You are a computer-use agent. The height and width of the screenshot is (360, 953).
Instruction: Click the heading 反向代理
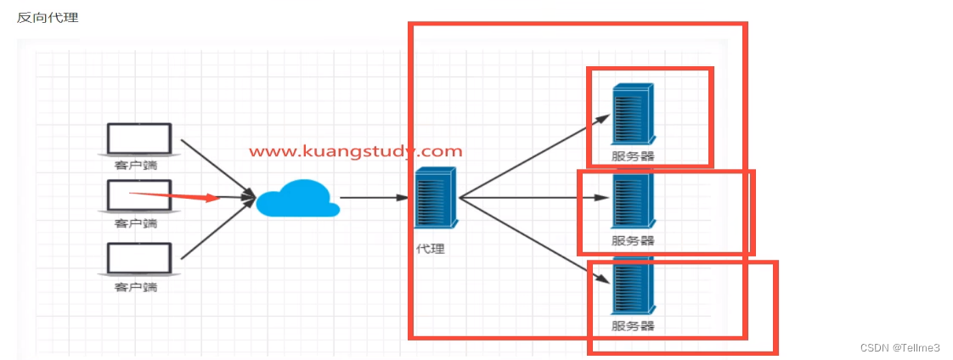click(48, 17)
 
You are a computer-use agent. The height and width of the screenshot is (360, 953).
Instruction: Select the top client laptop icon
click(138, 139)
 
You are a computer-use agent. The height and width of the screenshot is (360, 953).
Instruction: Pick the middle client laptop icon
click(138, 196)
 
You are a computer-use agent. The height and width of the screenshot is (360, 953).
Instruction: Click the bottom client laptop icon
click(138, 258)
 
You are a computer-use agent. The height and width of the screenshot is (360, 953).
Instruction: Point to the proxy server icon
click(436, 198)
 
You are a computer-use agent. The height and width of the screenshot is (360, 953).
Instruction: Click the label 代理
click(431, 250)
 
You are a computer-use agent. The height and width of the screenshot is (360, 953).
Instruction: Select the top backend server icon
click(632, 115)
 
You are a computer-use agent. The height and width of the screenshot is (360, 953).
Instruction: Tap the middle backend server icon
click(632, 200)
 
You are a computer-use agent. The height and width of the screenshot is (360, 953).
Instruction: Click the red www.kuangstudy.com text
click(355, 151)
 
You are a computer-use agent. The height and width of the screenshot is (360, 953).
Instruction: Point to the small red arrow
click(174, 197)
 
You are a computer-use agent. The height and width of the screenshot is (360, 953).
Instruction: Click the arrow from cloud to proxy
click(374, 198)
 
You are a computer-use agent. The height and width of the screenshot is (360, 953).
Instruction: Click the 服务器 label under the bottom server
click(633, 326)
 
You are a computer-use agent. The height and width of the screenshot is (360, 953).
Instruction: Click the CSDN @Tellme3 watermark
click(899, 348)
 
